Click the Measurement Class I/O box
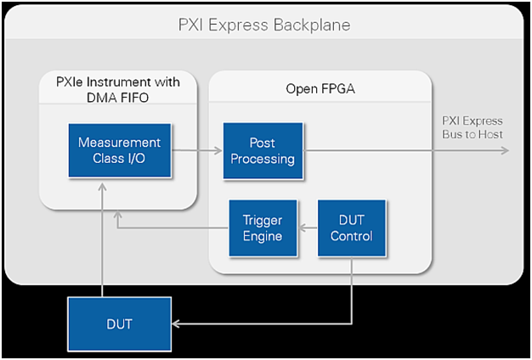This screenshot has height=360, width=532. [119, 150]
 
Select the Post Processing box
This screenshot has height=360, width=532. [263, 150]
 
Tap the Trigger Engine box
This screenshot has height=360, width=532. [263, 228]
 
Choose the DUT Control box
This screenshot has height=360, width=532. [351, 228]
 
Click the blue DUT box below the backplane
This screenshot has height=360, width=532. [119, 324]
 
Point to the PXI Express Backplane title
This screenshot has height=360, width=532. [264, 25]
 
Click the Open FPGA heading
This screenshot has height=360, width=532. [316, 88]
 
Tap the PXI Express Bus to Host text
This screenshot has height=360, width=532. [473, 127]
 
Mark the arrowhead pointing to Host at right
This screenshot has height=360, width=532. [505, 150]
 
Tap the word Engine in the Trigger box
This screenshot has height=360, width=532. [263, 236]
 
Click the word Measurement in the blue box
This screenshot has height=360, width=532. [119, 143]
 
